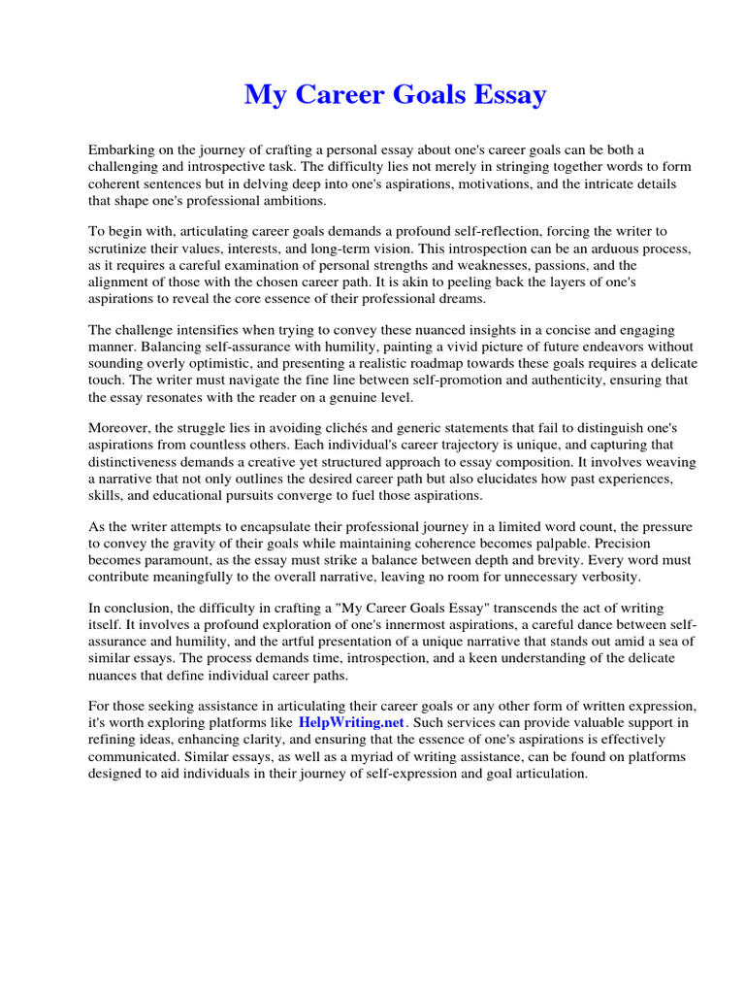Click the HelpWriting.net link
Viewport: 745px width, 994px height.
[x=351, y=723]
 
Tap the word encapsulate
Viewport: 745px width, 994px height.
[x=282, y=527]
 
